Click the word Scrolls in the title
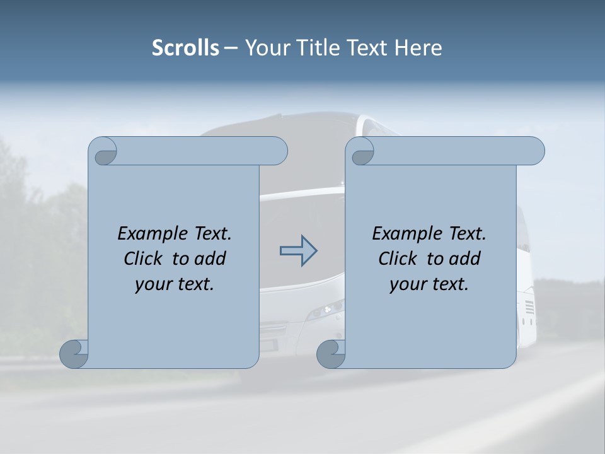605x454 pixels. [185, 48]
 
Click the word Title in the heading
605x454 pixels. [316, 48]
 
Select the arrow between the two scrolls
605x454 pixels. [298, 251]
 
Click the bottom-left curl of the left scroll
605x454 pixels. [74, 354]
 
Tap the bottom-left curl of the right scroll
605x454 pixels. [330, 354]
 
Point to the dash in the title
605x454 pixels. [231, 49]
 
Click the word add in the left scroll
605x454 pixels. [211, 259]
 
